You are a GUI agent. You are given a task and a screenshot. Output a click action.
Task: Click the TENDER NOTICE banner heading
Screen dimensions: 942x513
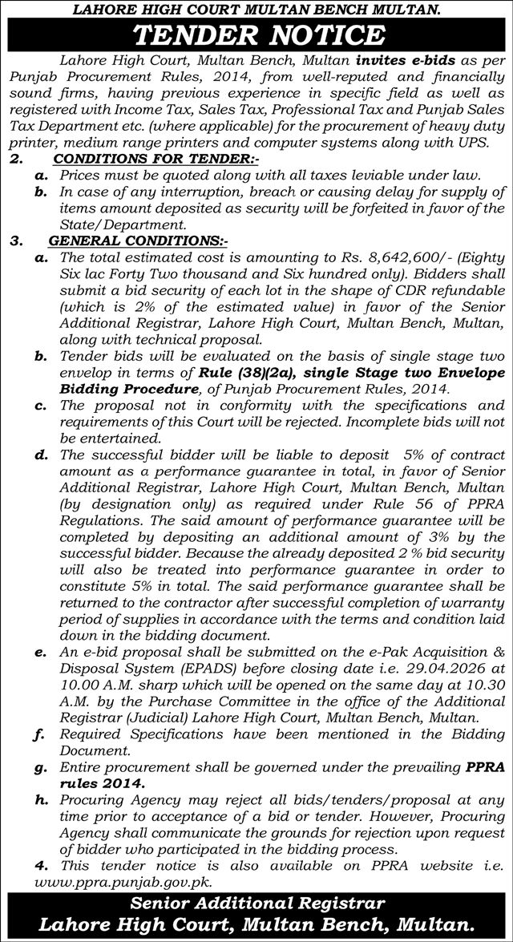[x=256, y=34]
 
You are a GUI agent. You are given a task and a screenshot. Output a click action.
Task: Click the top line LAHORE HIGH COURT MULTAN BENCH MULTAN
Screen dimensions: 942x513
[x=256, y=9]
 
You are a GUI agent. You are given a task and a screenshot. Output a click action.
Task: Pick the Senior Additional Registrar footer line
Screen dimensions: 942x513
[x=256, y=904]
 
